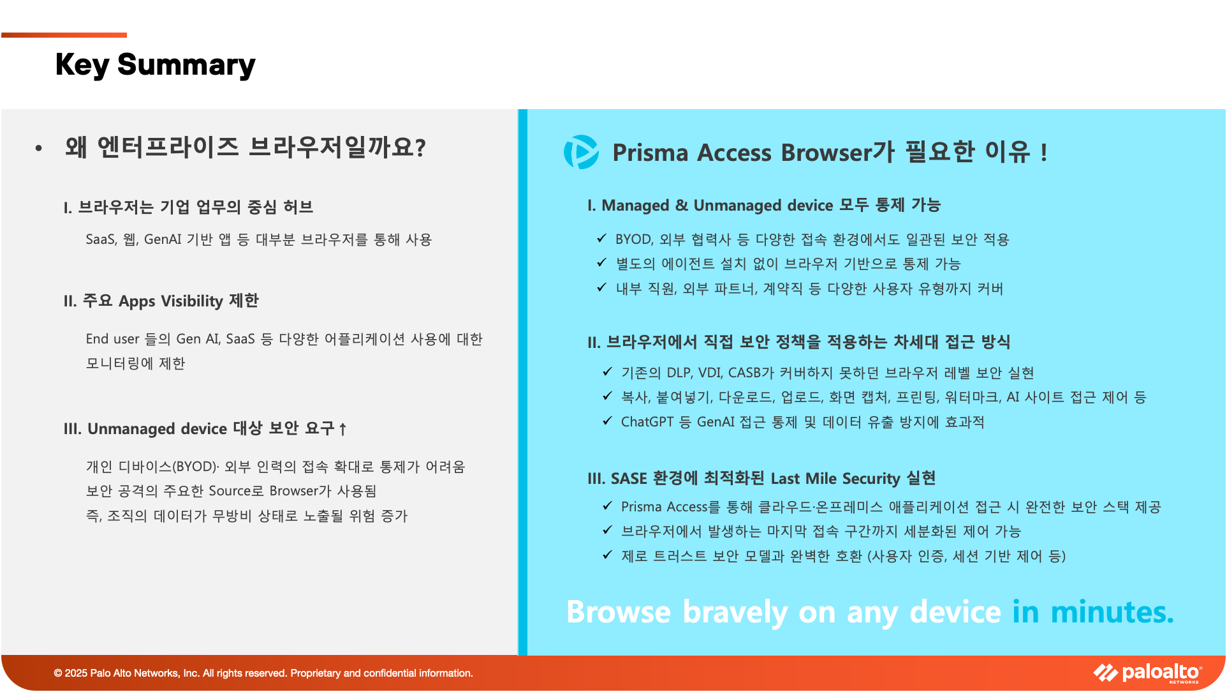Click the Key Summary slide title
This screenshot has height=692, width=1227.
(x=155, y=64)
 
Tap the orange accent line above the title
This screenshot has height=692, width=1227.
(x=64, y=35)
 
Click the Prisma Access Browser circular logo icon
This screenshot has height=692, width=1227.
(x=581, y=152)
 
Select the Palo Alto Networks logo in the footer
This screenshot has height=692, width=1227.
(x=1148, y=673)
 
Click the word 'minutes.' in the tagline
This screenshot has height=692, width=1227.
(x=1112, y=612)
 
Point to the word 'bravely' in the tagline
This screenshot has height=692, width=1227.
(x=735, y=612)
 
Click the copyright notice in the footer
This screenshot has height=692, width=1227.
(x=263, y=673)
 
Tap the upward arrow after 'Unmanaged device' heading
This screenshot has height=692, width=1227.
(x=342, y=429)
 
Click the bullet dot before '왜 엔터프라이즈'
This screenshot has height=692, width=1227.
(x=39, y=148)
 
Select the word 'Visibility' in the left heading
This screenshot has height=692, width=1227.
(x=192, y=301)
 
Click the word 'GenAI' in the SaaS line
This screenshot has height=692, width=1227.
(x=163, y=239)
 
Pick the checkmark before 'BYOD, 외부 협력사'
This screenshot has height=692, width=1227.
(x=601, y=238)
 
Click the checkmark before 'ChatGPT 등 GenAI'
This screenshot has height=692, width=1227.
(x=607, y=421)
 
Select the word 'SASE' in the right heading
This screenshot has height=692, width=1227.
(x=629, y=479)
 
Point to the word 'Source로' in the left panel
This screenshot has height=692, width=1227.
(x=236, y=491)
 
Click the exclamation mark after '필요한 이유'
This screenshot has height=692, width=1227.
(x=1044, y=153)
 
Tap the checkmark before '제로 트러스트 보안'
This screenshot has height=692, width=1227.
(x=607, y=555)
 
